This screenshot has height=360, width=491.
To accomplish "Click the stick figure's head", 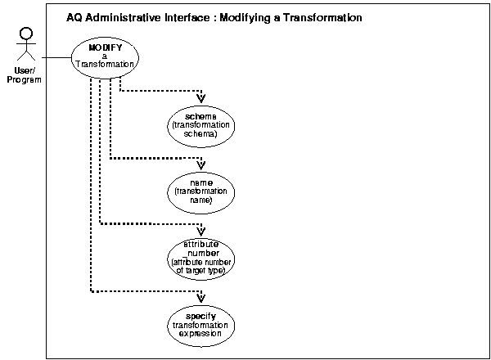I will [x=25, y=34].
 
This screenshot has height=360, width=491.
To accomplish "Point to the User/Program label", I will [x=25, y=75].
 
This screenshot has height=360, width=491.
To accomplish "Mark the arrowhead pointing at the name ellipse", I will [x=201, y=163].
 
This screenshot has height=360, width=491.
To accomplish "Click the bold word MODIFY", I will [x=105, y=47].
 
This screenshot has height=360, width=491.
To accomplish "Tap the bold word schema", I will [x=200, y=116].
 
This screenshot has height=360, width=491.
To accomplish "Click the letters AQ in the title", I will [x=73, y=17].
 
